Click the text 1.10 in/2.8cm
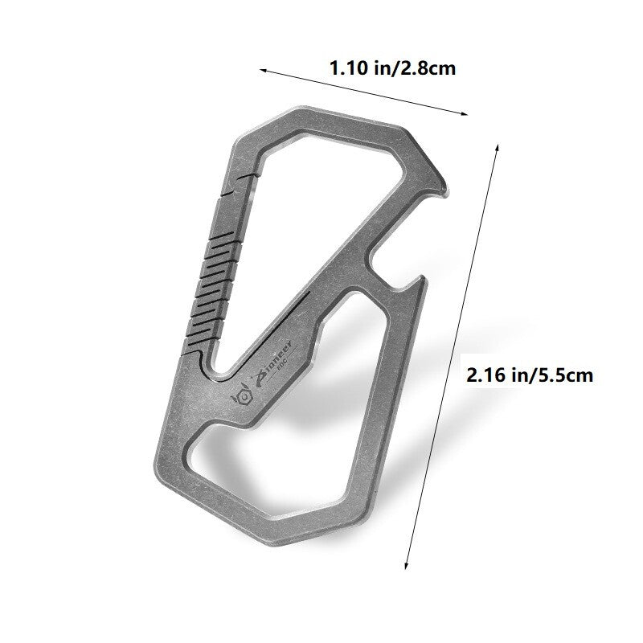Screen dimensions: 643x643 (392, 68)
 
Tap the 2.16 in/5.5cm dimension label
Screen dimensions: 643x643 (530, 375)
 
